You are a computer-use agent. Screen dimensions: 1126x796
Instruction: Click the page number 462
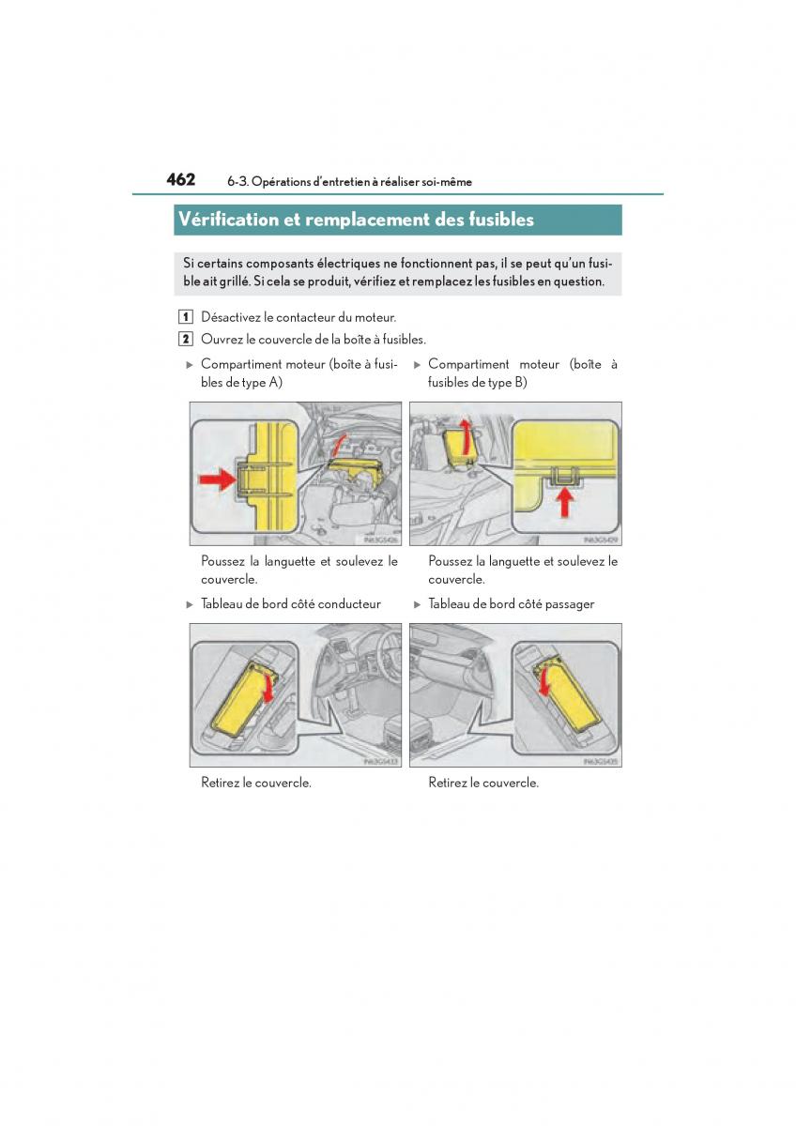[x=181, y=179]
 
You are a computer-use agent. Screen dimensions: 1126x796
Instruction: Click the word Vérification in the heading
[x=227, y=220]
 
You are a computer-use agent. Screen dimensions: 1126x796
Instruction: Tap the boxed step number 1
[x=187, y=318]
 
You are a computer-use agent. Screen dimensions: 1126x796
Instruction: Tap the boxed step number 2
[x=187, y=340]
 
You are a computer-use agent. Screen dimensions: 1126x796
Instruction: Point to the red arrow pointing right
[x=217, y=479]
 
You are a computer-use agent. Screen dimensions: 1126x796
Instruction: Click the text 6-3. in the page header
[x=237, y=182]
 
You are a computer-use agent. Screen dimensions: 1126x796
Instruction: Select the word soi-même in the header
[x=447, y=182]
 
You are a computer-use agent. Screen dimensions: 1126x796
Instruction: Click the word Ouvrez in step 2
[x=220, y=340]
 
